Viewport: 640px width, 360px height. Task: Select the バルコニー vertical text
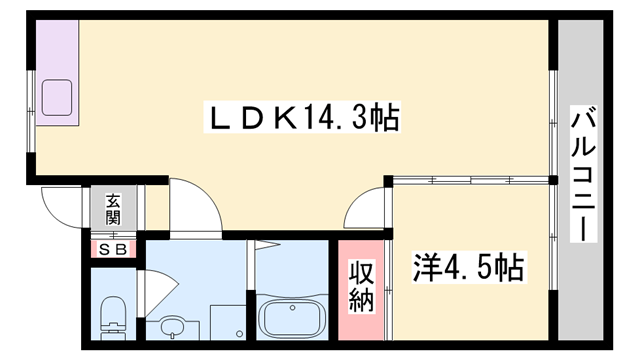click(580, 176)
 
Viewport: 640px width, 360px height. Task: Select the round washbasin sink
click(173, 326)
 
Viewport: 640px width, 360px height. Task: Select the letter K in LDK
click(283, 121)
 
